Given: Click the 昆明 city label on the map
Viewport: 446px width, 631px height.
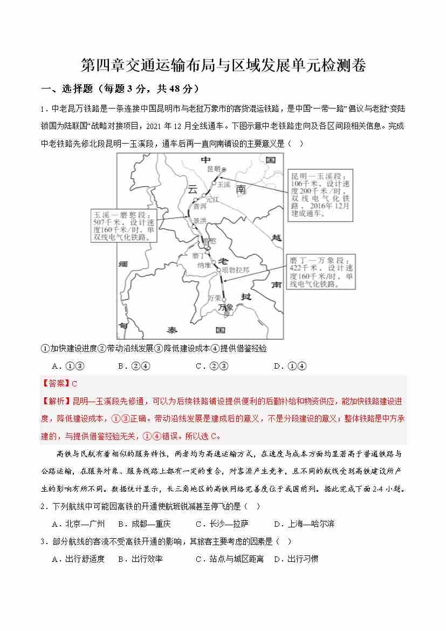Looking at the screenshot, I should pyautogui.click(x=214, y=169).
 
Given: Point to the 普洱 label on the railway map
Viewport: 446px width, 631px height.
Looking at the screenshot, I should pyautogui.click(x=200, y=206).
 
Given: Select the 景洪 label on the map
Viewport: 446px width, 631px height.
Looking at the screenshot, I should pyautogui.click(x=200, y=221).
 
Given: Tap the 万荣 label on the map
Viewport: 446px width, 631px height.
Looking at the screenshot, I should pyautogui.click(x=215, y=297).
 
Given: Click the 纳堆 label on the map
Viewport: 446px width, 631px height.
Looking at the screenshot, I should pyautogui.click(x=204, y=265).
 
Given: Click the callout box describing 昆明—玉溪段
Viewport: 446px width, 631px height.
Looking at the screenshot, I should pyautogui.click(x=321, y=195).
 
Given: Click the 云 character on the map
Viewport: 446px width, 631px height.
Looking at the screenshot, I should pyautogui.click(x=192, y=189).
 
